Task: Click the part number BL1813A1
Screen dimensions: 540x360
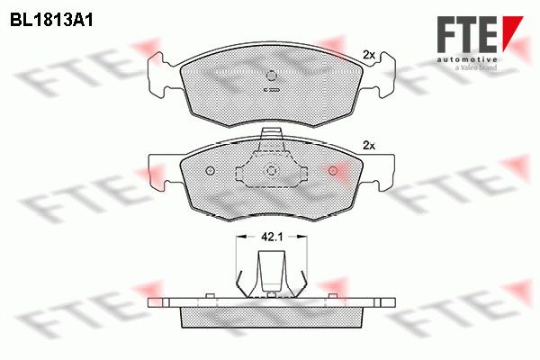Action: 51,21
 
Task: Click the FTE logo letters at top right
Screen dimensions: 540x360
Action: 468,34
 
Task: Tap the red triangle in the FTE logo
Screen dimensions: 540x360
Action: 511,30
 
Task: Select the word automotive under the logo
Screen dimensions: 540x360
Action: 467,59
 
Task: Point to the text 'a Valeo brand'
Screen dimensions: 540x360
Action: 476,67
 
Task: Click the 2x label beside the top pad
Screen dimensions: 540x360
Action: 369,55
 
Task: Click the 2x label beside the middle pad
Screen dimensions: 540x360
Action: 369,146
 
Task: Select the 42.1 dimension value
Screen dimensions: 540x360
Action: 272,237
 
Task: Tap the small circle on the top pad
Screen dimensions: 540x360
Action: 272,76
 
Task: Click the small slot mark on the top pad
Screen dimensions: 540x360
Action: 272,90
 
